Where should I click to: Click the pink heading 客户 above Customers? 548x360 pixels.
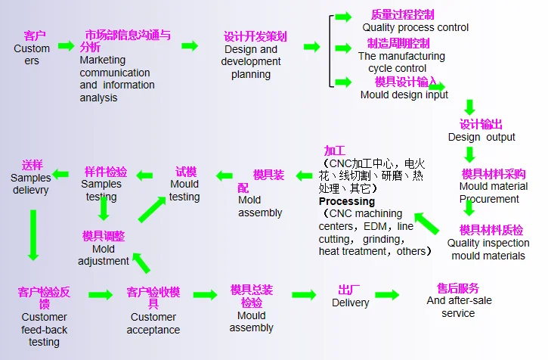pyautogui.click(x=35, y=36)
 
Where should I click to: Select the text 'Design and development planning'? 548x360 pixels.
pyautogui.click(x=251, y=62)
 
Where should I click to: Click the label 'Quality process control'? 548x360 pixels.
pyautogui.click(x=415, y=27)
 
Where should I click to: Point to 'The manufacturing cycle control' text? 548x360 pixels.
pyautogui.click(x=401, y=62)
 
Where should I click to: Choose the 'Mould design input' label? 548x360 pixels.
pyautogui.click(x=404, y=95)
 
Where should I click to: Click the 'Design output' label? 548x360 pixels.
pyautogui.click(x=481, y=137)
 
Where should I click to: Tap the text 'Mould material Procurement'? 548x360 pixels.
pyautogui.click(x=493, y=193)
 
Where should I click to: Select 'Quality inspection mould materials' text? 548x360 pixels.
pyautogui.click(x=488, y=250)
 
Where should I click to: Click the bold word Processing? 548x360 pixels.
pyautogui.click(x=346, y=202)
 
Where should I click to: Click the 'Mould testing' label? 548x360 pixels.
pyautogui.click(x=184, y=191)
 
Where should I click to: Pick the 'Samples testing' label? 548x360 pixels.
pyautogui.click(x=101, y=191)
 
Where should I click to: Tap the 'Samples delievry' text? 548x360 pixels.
pyautogui.click(x=31, y=184)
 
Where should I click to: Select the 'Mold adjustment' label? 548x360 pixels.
pyautogui.click(x=104, y=255)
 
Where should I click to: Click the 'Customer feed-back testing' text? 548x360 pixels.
pyautogui.click(x=44, y=329)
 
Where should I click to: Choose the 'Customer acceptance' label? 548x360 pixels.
pyautogui.click(x=153, y=323)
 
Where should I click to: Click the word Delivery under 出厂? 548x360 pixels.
pyautogui.click(x=351, y=303)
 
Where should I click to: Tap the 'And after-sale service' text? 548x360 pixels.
pyautogui.click(x=459, y=306)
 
